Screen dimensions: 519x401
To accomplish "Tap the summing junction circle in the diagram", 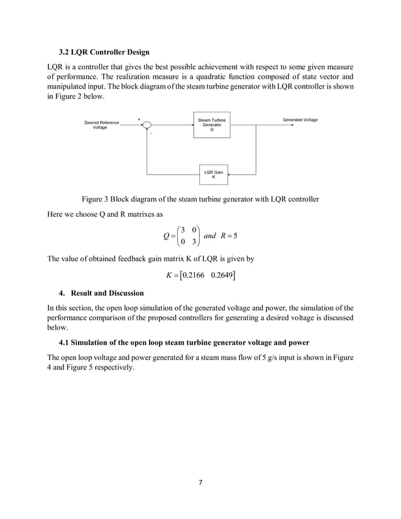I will pyautogui.click(x=147, y=124).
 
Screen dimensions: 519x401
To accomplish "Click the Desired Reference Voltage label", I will pyautogui.click(x=102, y=125).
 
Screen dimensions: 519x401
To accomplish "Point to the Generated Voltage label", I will pyautogui.click(x=300, y=119).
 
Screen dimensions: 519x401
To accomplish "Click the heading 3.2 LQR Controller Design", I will pyautogui.click(x=104, y=52).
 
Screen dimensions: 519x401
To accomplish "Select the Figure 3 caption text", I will pyautogui.click(x=195, y=199).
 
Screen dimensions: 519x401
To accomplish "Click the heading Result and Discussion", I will pyautogui.click(x=107, y=293).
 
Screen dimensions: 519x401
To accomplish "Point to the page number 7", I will pyautogui.click(x=200, y=482).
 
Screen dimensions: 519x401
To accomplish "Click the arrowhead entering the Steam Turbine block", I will pyautogui.click(x=192, y=124).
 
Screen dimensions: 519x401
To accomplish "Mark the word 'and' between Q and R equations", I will pyautogui.click(x=211, y=235).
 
